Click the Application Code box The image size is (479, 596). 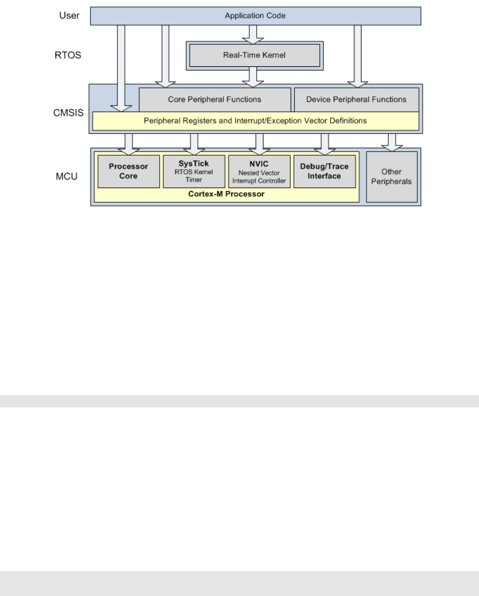coord(255,16)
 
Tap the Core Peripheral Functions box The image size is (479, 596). coord(214,99)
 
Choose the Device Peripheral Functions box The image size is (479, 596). coord(356,99)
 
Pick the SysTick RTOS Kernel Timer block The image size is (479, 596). coord(194,171)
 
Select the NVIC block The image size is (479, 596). coord(259,171)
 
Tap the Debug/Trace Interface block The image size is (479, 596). coord(324,171)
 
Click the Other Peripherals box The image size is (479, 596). coord(392,177)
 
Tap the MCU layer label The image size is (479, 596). coord(66,176)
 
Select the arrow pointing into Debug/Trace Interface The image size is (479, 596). coord(324,143)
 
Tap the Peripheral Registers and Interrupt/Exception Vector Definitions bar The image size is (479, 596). coord(255,121)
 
